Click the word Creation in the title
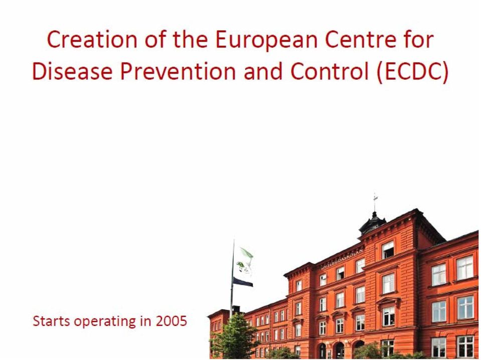(92, 40)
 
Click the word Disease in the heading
(72, 71)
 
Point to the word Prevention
(178, 71)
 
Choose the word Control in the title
(329, 71)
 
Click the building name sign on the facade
(342, 259)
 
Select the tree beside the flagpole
(234, 337)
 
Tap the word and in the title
(263, 71)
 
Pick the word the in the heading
(190, 40)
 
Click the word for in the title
(419, 40)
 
